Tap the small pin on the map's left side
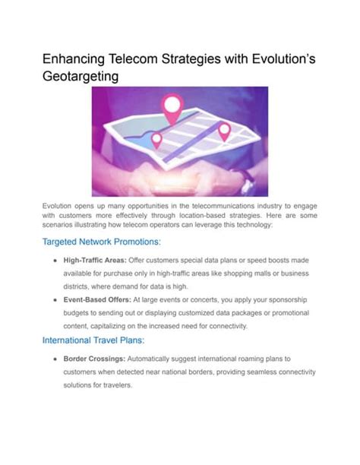pos(156,140)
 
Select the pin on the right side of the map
pos(225,131)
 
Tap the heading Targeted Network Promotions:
pos(101,242)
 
